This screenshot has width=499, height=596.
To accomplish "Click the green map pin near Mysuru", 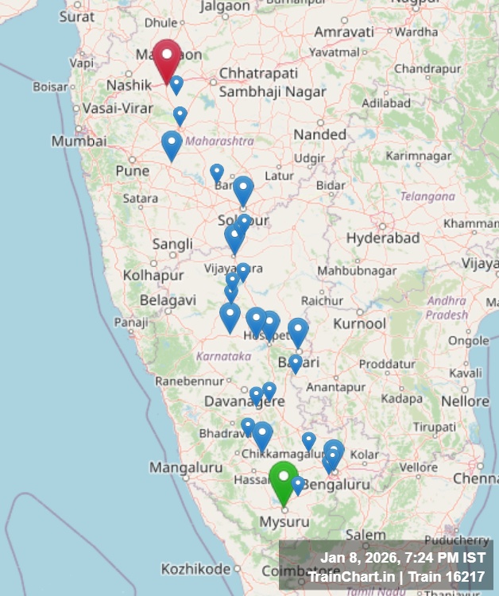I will pos(283,478).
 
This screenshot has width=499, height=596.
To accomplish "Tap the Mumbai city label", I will pos(79,141).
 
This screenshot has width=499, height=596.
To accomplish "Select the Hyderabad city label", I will pos(382,238).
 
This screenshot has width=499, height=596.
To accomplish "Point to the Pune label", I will pos(132,171).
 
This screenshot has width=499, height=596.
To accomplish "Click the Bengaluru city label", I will pos(337,484).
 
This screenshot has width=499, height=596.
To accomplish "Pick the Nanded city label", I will pos(319,135).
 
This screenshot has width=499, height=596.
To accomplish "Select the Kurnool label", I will pos(359,324).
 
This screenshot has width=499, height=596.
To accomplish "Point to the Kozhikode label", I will pos(195,569).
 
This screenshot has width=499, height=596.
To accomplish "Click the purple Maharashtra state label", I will pos(219,141).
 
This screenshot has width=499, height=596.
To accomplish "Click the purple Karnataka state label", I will pos(224,356).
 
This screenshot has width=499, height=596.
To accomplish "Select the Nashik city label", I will pos(128,85).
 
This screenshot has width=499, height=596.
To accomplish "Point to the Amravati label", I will pos(344,32).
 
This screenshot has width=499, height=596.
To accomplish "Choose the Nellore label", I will pos(465,401).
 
